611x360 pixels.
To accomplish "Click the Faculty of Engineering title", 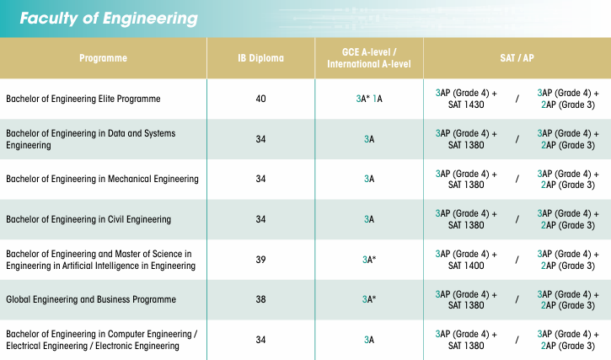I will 109,19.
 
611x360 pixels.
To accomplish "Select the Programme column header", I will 103,58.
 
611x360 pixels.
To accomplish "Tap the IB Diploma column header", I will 260,58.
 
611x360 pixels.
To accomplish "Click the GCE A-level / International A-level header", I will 369,58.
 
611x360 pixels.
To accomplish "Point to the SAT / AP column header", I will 517,58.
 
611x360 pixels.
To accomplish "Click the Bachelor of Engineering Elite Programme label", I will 83,99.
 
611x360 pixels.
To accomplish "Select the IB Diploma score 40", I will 260,99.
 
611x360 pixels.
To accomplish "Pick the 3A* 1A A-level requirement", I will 369,99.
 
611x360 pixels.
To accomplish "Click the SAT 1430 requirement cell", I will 466,99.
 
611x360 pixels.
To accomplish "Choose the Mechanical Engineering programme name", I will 102,179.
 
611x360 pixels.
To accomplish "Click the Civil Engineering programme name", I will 88,219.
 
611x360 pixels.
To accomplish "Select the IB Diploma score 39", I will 260,260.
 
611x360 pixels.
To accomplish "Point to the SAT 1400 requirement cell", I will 466,260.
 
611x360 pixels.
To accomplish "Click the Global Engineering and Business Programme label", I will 92,299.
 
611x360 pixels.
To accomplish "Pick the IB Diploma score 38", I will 260,299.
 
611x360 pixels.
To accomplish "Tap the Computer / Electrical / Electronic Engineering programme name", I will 101,340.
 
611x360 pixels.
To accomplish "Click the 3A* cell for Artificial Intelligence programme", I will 369,260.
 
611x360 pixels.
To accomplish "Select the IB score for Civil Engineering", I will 260,219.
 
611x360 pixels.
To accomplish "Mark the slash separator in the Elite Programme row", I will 517,99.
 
